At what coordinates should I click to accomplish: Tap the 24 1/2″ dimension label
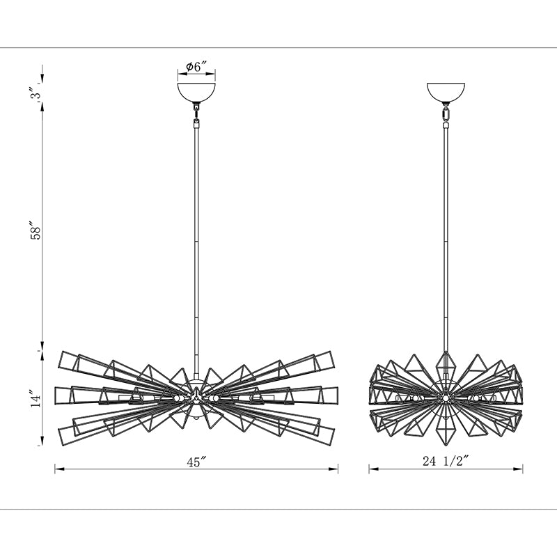(x=446, y=461)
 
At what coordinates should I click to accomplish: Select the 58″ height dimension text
(x=36, y=231)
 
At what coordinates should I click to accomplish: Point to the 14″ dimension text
(x=36, y=398)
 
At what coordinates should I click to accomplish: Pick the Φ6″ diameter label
(x=196, y=66)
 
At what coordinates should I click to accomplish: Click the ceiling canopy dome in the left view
(x=196, y=92)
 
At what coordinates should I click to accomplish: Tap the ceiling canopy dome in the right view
(x=446, y=92)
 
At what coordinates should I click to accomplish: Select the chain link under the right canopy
(x=446, y=115)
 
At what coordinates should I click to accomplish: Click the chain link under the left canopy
(x=196, y=114)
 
